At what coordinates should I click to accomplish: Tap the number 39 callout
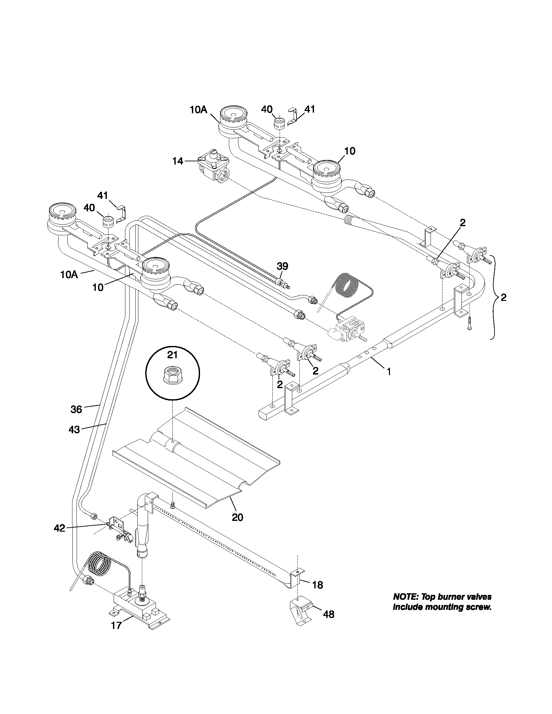point(282,266)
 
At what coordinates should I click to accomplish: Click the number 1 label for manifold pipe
point(389,372)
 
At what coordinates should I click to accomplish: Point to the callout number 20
point(237,517)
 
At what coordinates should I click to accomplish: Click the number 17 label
point(117,625)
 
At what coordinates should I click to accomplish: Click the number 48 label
point(329,615)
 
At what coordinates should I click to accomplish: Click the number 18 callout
point(318,585)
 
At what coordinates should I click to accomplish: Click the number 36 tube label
point(76,409)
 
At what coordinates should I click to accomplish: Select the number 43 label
point(74,430)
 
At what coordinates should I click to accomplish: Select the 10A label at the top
point(198,110)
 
